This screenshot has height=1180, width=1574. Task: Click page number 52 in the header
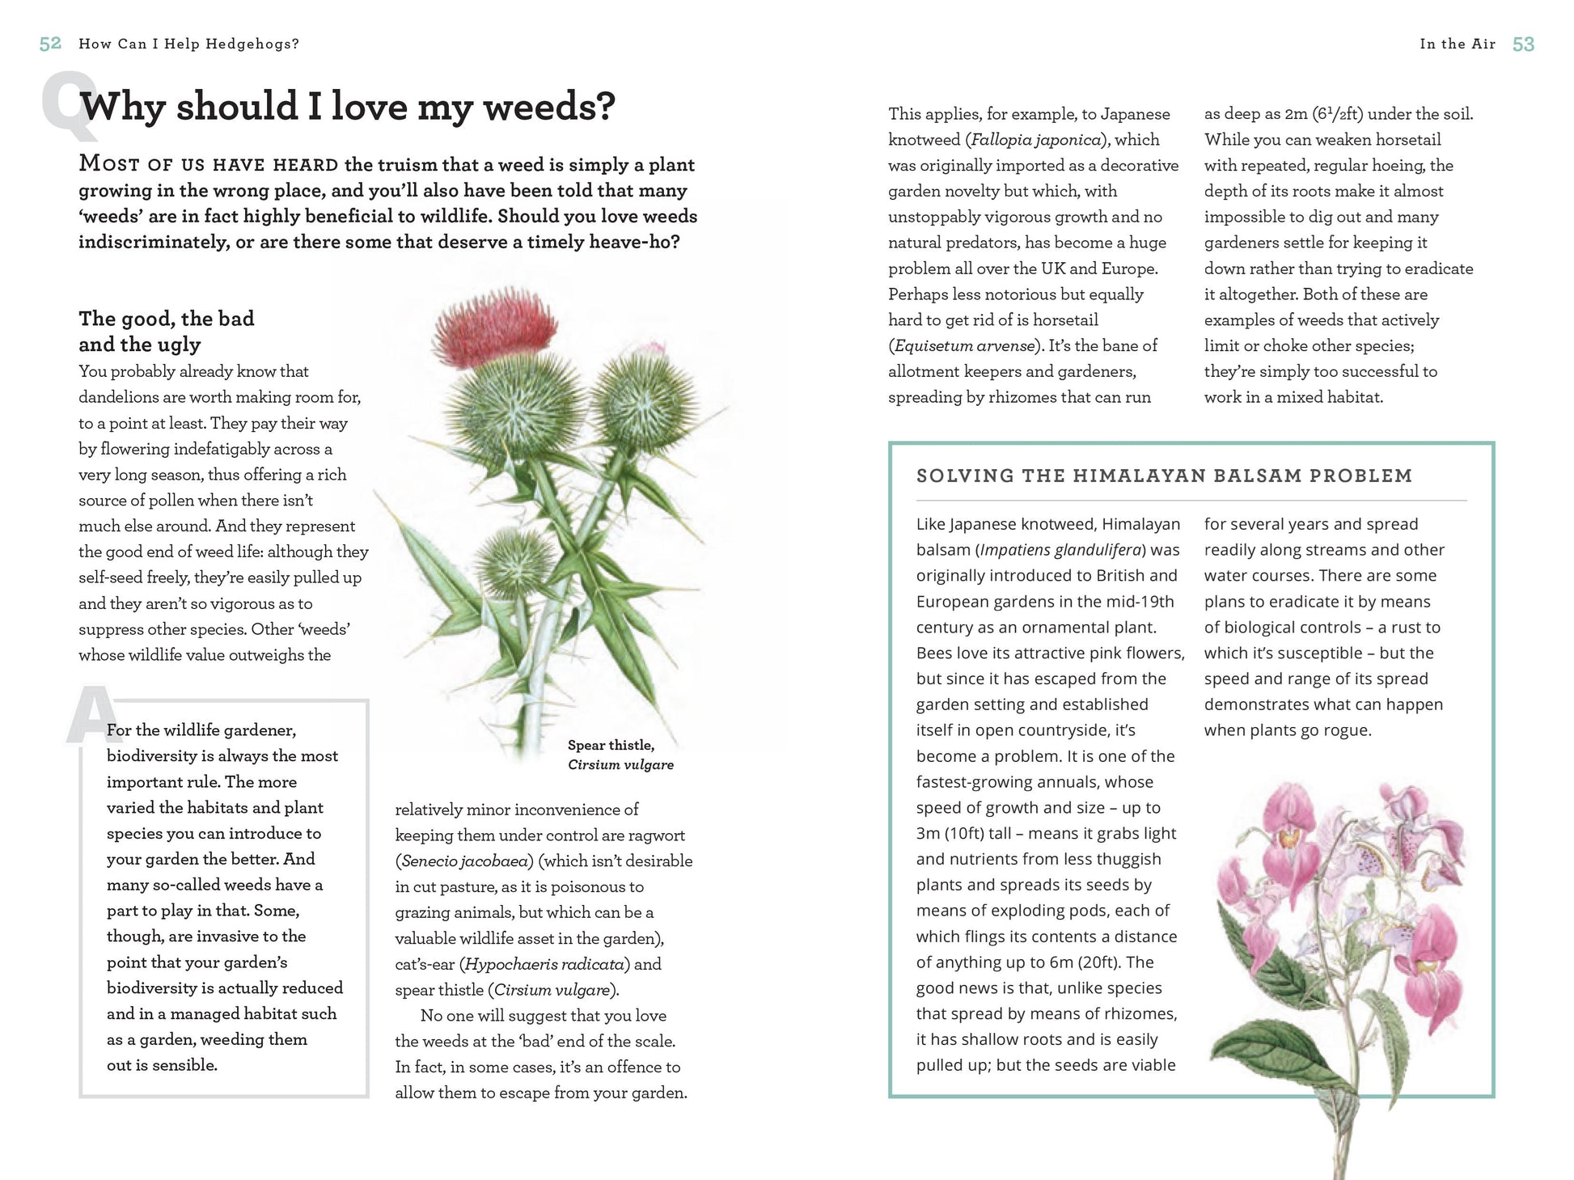pos(50,44)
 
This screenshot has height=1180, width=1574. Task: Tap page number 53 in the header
pos(1523,44)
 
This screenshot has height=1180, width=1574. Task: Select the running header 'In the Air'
pos(1457,44)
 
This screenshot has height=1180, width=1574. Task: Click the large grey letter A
pos(91,715)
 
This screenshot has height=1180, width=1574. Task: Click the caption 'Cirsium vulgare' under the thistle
pos(620,764)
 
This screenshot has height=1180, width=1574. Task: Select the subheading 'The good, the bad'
pos(167,318)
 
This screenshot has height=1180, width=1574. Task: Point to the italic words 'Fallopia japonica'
pos(1035,139)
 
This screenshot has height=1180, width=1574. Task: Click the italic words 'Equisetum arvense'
pos(964,345)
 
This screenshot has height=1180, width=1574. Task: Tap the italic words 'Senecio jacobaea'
pos(463,861)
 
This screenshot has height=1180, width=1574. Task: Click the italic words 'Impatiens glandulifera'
pos(1061,550)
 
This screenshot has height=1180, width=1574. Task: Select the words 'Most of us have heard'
pos(209,164)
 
